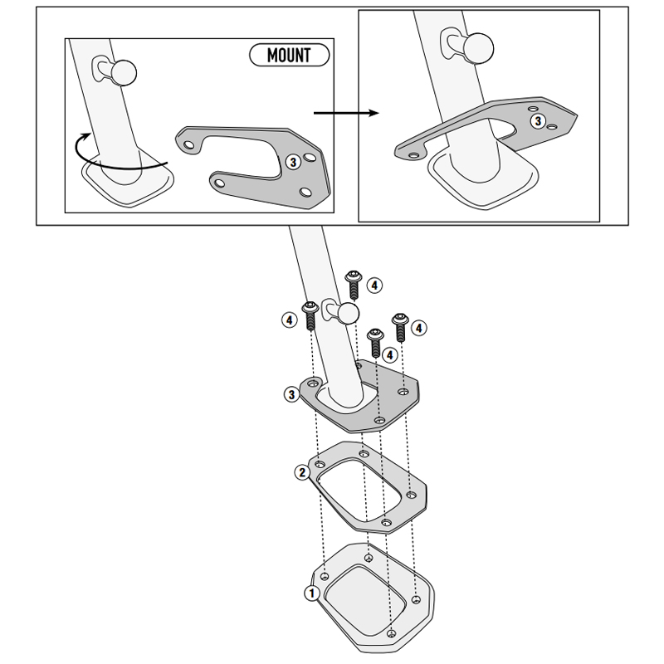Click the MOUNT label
click(289, 55)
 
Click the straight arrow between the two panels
click(346, 113)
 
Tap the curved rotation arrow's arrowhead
click(86, 136)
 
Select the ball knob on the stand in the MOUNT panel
click(123, 72)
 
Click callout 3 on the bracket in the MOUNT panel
click(293, 162)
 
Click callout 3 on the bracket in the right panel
click(538, 121)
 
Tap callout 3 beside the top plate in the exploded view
click(291, 395)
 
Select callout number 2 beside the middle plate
click(302, 472)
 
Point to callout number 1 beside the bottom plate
click(312, 593)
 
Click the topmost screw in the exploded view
click(354, 285)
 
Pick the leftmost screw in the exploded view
click(310, 315)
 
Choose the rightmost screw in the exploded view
click(400, 327)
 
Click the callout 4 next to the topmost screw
click(374, 286)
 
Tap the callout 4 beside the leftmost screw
click(289, 320)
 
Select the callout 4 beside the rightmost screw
click(419, 328)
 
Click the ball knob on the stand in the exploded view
click(349, 314)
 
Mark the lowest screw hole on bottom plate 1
click(391, 633)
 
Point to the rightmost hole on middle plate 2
click(411, 495)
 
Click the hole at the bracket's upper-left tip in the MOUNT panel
click(189, 145)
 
